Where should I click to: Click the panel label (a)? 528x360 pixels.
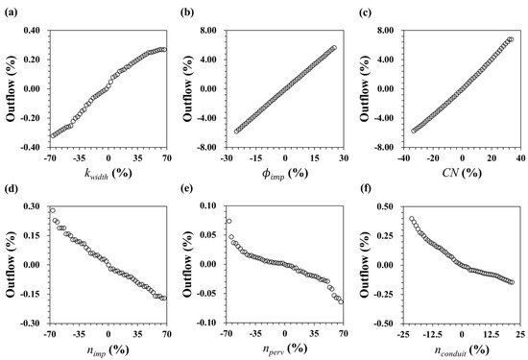[12, 10]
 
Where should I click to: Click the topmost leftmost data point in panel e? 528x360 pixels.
[228, 221]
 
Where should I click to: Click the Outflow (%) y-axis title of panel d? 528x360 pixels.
[11, 264]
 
